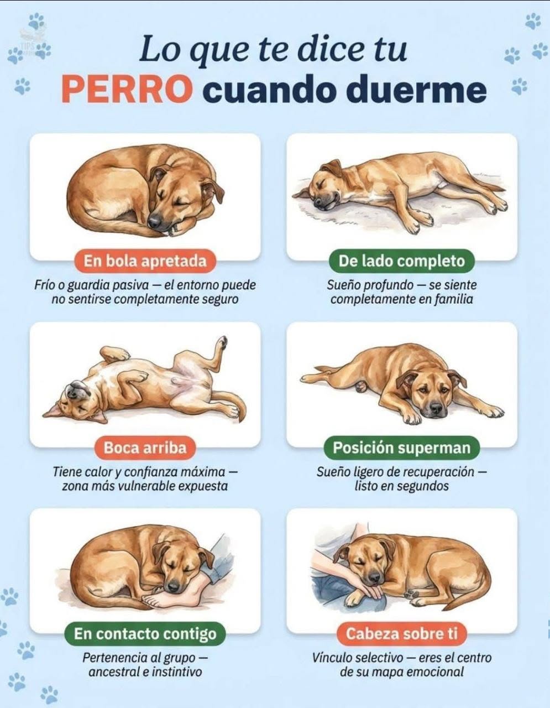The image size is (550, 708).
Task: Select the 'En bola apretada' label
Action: pos(145,261)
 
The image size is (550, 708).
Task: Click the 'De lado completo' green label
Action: pos(402,261)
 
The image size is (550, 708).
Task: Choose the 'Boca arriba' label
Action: pos(145,447)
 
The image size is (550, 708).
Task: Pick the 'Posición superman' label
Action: pos(402,447)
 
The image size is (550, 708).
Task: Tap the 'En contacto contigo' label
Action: pos(145,634)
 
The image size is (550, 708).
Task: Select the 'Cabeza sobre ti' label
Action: pos(402,634)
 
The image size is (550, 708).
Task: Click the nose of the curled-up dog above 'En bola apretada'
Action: pos(154,221)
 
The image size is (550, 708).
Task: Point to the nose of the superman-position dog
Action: pos(436,408)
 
